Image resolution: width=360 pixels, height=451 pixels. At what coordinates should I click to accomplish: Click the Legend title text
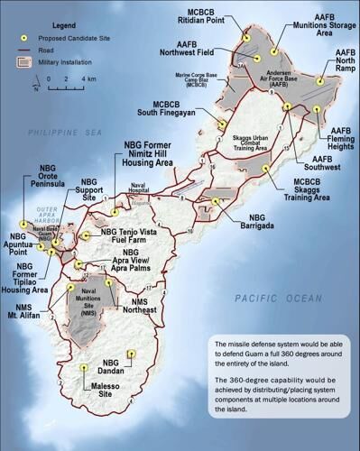tap(57, 23)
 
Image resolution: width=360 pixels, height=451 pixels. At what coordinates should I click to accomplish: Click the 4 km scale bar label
tap(88, 79)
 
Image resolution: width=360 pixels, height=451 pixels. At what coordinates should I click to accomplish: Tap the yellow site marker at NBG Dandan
tap(132, 354)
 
